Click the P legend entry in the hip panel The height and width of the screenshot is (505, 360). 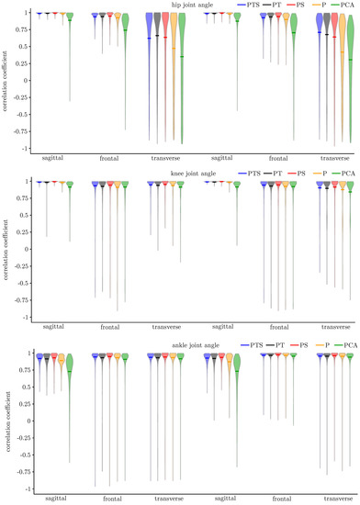pyautogui.click(x=319, y=6)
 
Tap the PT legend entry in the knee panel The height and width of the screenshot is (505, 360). pyautogui.click(x=273, y=173)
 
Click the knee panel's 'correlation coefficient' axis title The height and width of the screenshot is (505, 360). pyautogui.click(x=6, y=249)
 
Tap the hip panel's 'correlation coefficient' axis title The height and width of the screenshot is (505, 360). pyautogui.click(x=6, y=81)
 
